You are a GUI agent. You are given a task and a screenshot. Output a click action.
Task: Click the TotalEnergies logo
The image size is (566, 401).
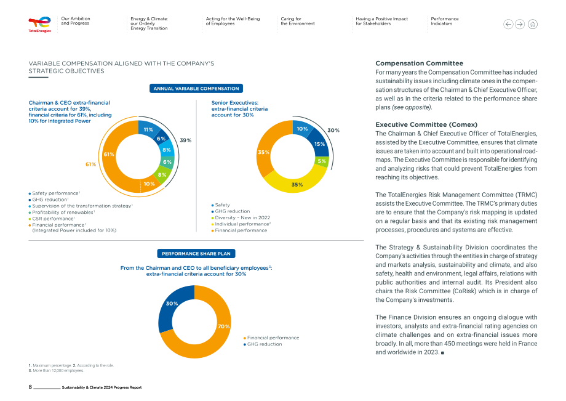(40, 25)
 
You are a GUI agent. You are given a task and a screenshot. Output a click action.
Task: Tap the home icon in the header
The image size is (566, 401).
(532, 24)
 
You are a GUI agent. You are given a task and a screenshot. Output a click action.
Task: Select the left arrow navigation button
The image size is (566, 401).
(508, 24)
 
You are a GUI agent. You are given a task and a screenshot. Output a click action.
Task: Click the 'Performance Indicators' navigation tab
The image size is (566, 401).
(445, 21)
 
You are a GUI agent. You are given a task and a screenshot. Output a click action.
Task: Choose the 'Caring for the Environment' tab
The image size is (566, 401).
(298, 21)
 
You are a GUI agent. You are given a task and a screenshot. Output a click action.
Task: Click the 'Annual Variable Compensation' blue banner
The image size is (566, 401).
(196, 89)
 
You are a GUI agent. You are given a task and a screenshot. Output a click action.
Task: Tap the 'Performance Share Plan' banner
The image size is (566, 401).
(196, 254)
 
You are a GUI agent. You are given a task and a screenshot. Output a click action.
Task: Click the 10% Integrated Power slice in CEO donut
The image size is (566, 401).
(149, 184)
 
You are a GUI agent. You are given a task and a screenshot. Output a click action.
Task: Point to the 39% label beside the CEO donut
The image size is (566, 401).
(186, 140)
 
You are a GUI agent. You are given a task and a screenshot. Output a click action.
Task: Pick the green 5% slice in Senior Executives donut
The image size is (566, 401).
(322, 161)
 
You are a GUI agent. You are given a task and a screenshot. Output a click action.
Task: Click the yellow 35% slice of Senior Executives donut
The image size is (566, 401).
(297, 183)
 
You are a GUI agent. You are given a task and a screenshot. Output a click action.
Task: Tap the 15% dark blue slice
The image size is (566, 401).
(319, 143)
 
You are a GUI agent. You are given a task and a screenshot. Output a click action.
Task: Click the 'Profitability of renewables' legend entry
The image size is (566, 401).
(62, 213)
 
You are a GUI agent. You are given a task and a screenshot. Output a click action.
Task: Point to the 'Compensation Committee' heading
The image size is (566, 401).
(419, 63)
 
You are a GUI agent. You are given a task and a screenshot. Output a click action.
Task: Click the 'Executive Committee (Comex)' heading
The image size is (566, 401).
(426, 124)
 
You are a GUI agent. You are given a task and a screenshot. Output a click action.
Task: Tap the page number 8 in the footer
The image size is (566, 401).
(30, 387)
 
